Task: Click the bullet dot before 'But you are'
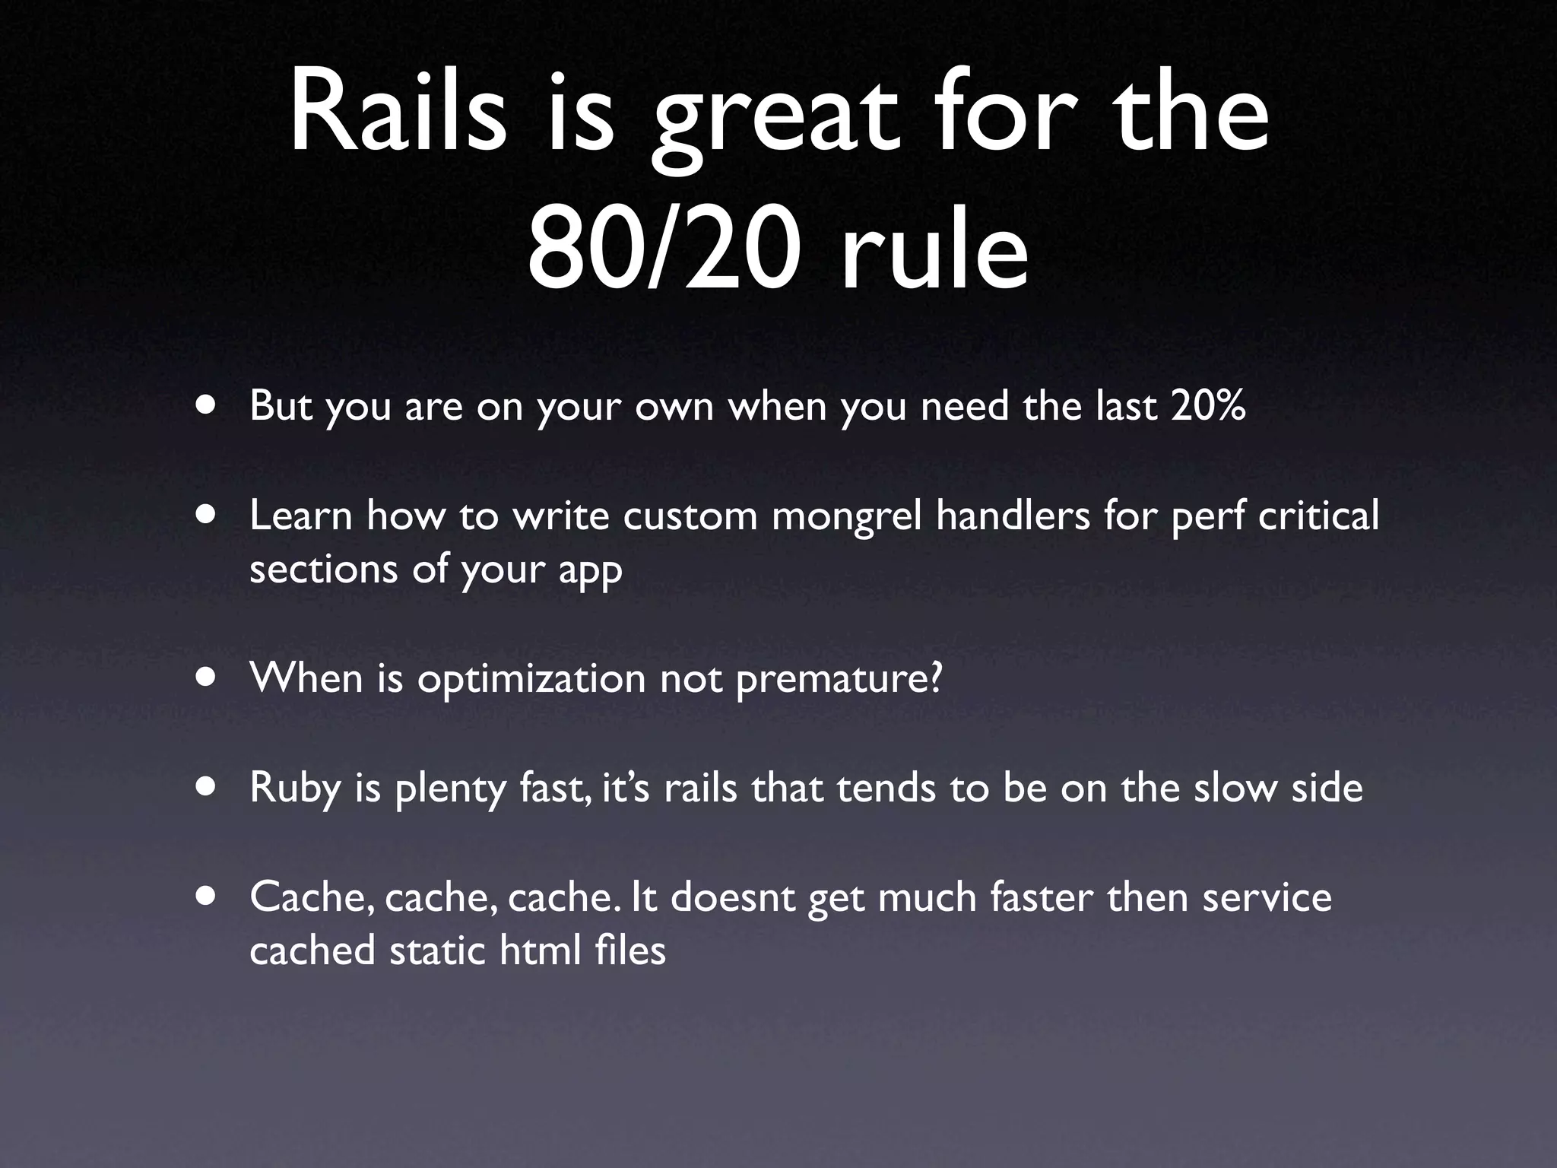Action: tap(204, 405)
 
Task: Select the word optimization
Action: tap(531, 679)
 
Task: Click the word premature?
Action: tap(839, 679)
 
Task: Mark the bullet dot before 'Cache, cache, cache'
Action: tap(204, 897)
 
